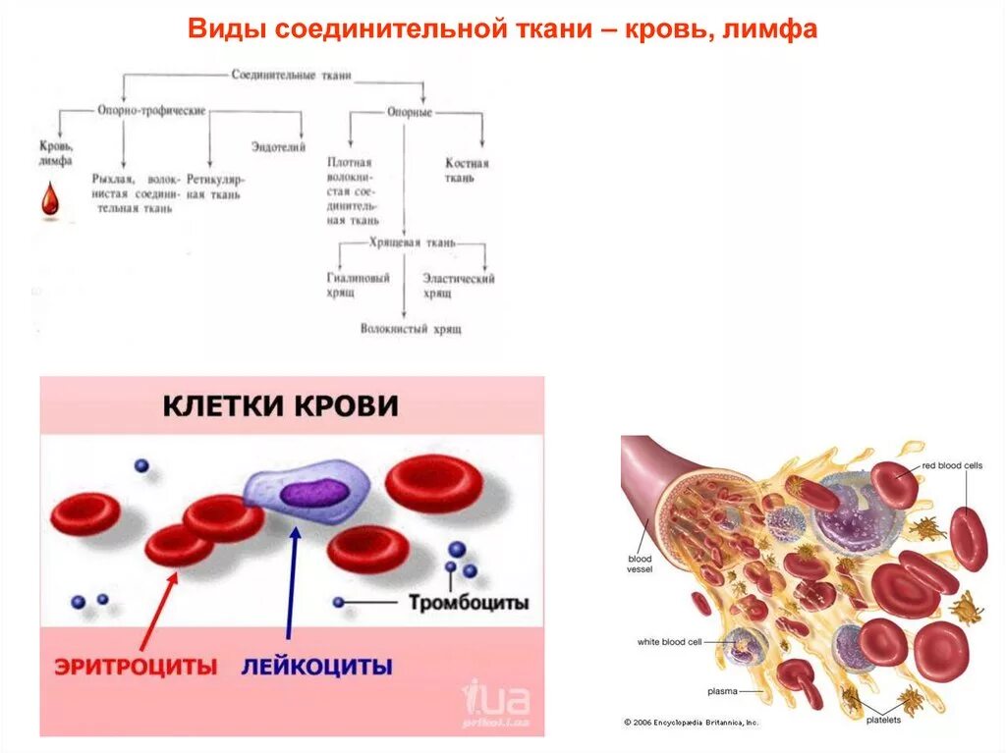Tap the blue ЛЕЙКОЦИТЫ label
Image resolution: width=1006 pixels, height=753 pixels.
[x=316, y=667]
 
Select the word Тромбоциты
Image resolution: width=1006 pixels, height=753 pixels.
[x=469, y=602]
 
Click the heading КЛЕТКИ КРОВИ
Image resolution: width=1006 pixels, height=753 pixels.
[x=280, y=404]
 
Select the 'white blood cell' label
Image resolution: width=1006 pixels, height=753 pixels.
[x=669, y=642]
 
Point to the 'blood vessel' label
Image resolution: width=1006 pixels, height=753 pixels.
[x=640, y=565]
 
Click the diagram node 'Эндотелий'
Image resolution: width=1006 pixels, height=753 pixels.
[x=278, y=146]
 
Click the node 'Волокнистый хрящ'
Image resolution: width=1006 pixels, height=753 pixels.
[x=411, y=329]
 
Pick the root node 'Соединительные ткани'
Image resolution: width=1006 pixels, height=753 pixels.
[x=291, y=75]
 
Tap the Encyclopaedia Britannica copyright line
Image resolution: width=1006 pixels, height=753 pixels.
[x=692, y=723]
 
